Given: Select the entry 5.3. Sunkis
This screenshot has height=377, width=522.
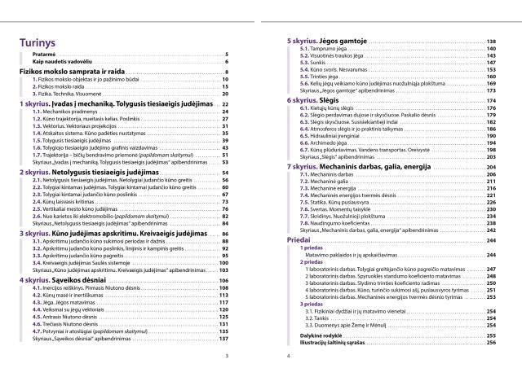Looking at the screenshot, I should (307, 63).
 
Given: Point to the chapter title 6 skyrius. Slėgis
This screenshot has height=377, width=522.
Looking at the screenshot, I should (313, 99).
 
